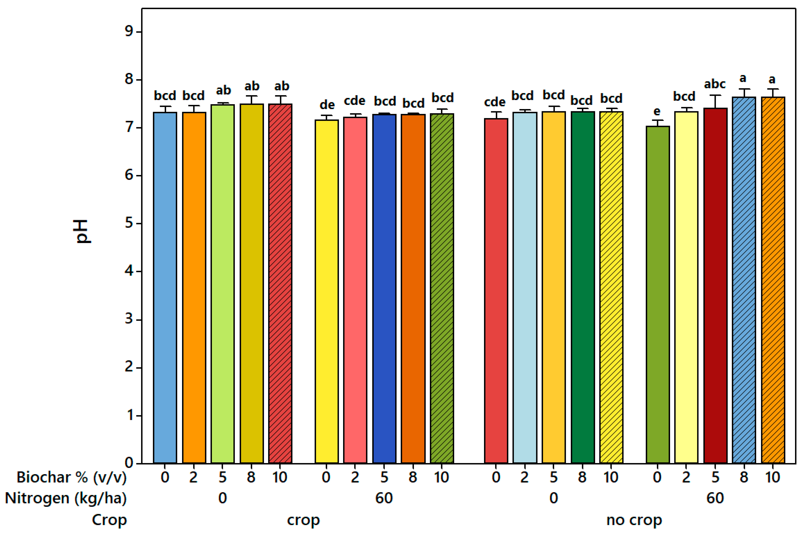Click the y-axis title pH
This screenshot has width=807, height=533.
[82, 231]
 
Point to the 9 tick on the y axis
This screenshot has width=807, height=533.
[129, 32]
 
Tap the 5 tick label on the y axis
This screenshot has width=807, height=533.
[129, 223]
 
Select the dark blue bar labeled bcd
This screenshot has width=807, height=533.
[384, 289]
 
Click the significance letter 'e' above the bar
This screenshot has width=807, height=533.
[657, 112]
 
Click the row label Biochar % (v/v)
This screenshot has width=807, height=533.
[71, 477]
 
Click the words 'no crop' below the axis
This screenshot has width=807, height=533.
[634, 520]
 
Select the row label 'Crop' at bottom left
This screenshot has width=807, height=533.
[110, 520]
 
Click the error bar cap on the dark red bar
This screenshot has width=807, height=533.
[715, 96]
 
